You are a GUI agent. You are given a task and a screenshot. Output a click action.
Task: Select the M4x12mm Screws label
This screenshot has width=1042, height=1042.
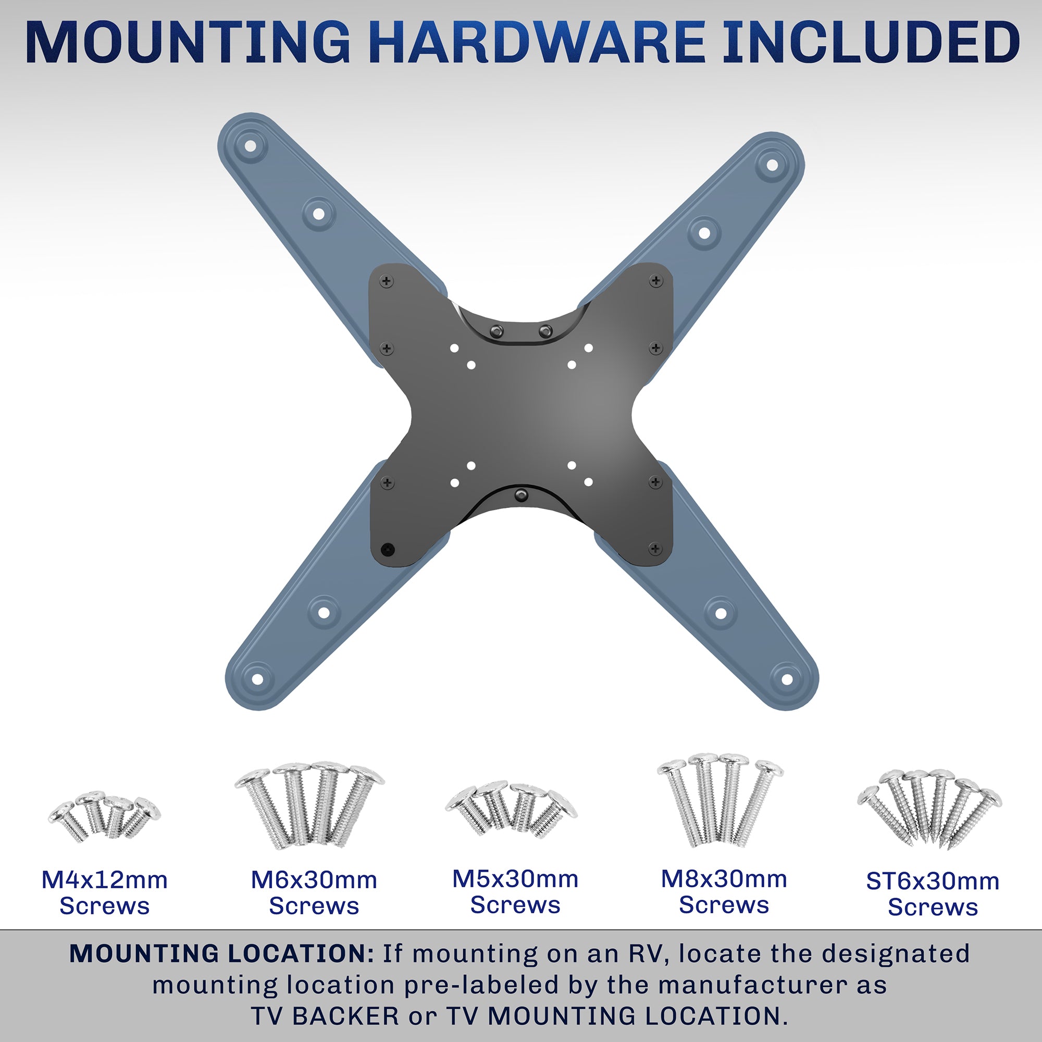tap(105, 892)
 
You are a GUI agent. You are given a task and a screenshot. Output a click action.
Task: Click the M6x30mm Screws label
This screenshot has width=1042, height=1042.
tap(314, 892)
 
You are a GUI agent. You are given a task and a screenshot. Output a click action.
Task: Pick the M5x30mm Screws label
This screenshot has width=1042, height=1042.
tap(515, 891)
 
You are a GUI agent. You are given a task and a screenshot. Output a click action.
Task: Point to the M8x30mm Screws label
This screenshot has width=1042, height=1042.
tap(724, 891)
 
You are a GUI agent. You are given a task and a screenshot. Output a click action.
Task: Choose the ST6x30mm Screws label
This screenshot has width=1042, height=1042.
tap(933, 894)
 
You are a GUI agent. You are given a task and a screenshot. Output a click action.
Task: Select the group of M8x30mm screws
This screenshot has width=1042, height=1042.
tap(720, 798)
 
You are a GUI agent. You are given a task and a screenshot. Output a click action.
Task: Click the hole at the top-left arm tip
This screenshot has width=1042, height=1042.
tap(250, 146)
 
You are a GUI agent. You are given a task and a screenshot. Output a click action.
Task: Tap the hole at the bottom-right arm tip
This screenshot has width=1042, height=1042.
tap(787, 679)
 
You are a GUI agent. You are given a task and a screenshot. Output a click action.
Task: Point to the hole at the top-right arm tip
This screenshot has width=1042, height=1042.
tap(772, 165)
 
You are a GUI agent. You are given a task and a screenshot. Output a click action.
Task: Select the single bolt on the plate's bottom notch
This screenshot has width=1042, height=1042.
tap(521, 494)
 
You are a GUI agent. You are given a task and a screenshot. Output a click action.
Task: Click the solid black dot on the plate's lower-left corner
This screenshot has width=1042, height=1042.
tap(387, 550)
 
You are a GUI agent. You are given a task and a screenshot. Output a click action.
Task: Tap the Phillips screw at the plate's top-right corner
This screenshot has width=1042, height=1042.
tap(656, 280)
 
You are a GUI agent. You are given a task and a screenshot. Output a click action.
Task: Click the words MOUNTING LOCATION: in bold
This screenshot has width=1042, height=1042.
tap(221, 953)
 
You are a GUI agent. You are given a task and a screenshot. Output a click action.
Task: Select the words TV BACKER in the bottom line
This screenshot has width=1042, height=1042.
tap(325, 1016)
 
